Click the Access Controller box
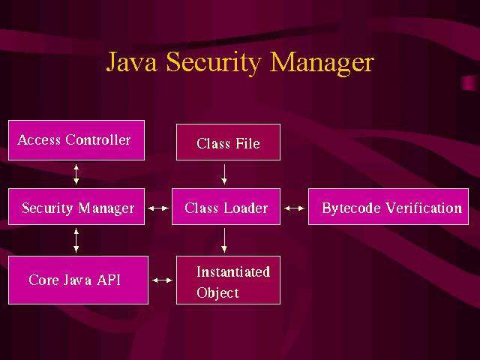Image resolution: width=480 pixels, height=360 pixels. (76, 140)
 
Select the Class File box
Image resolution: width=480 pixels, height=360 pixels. (228, 142)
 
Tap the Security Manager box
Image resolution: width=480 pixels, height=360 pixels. (76, 207)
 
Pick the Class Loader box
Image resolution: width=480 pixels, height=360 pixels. (226, 207)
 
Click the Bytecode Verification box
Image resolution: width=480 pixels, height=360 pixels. (388, 207)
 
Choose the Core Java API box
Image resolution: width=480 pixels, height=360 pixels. (78, 280)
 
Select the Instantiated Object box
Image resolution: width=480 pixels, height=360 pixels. (228, 280)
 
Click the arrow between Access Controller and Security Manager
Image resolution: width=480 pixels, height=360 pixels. (76, 174)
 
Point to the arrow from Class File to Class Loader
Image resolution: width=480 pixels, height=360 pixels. (224, 174)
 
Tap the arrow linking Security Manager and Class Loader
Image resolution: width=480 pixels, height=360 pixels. (158, 208)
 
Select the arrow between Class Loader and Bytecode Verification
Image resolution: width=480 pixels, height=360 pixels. (294, 208)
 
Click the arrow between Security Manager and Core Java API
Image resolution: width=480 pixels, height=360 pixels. (76, 240)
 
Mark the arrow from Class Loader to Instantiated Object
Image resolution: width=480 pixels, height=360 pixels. (224, 240)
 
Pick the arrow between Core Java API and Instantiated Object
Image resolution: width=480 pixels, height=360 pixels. (162, 280)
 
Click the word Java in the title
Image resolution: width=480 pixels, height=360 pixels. (132, 62)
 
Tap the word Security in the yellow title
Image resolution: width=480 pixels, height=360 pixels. (213, 63)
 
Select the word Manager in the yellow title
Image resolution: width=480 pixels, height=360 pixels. (322, 63)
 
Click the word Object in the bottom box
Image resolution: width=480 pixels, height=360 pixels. (217, 293)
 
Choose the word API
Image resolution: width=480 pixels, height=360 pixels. (109, 280)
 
